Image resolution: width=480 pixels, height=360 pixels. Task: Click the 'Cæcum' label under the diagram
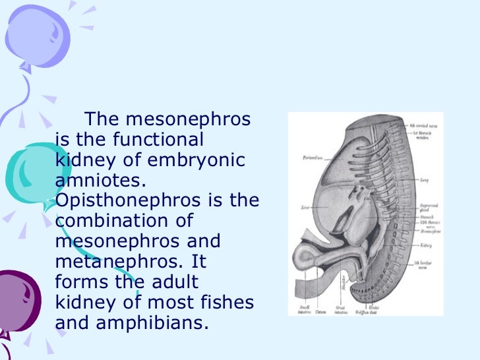click(x=321, y=311)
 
